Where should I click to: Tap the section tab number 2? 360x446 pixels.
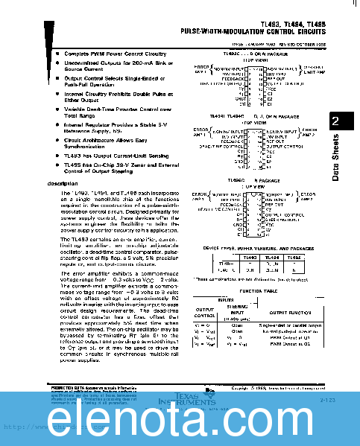coord(336,121)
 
